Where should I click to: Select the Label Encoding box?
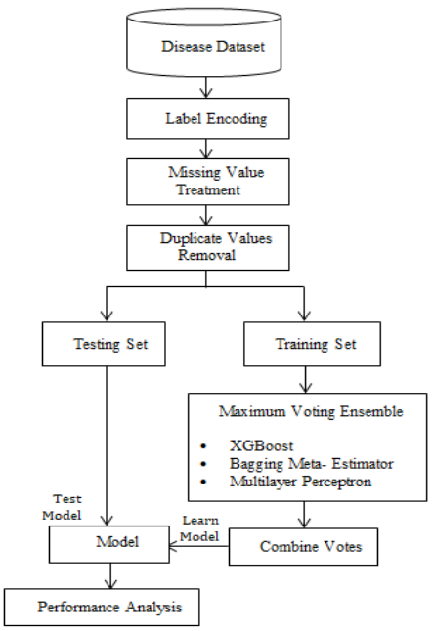point(208,118)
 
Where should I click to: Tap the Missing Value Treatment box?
point(208,182)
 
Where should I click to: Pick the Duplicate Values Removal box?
point(208,247)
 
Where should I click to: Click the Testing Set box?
point(104,344)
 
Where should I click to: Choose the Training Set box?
point(312,344)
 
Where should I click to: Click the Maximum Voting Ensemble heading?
point(311,411)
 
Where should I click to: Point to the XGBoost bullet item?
point(261,445)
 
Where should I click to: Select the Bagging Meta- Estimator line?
point(312,464)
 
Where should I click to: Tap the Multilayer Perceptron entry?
point(300,482)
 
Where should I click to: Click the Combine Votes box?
point(303,546)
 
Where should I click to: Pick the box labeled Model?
point(109,544)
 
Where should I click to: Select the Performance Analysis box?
point(102,607)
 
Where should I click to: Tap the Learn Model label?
point(199,528)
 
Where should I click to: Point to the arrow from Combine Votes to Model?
point(199,546)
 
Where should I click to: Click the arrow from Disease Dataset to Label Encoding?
point(206,87)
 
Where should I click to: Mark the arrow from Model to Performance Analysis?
point(110,576)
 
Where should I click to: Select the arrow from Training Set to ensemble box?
point(305,380)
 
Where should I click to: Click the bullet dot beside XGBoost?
point(203,446)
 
